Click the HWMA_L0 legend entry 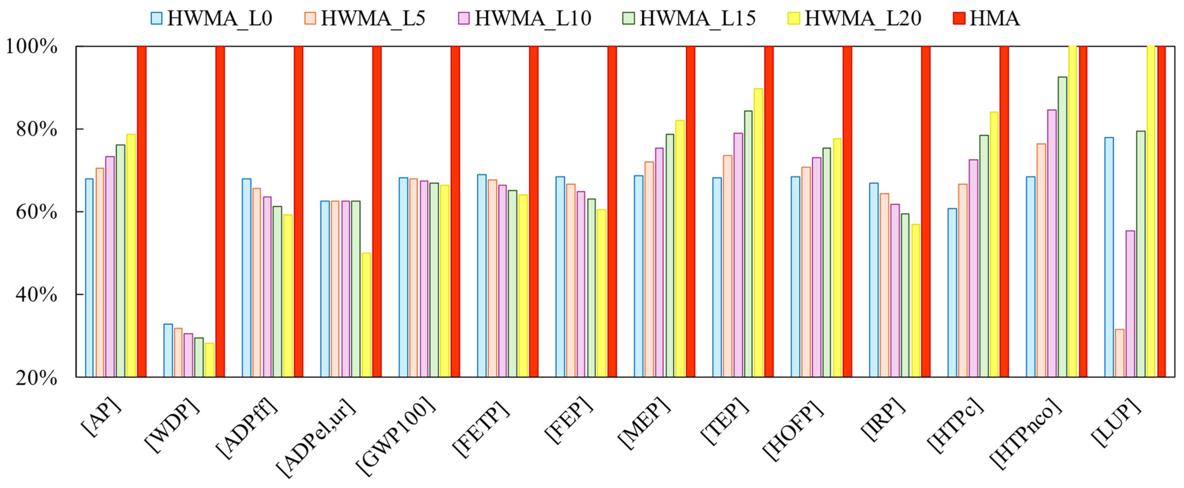[x=211, y=18]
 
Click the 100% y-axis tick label [x=31, y=46]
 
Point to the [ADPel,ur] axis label [x=317, y=437]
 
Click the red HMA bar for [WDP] [x=220, y=212]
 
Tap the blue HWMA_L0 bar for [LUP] [x=1109, y=257]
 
